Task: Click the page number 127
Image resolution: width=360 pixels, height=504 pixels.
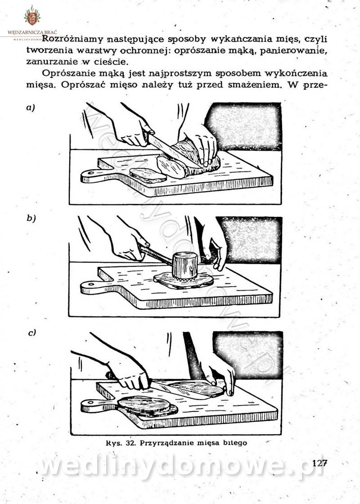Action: pyautogui.click(x=319, y=463)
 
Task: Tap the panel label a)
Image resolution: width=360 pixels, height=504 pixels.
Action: pyautogui.click(x=31, y=108)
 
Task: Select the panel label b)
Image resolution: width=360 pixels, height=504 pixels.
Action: pyautogui.click(x=31, y=219)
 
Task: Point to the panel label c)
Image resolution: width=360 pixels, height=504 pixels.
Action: pyautogui.click(x=32, y=333)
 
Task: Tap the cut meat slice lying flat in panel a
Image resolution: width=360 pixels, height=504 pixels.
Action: pyautogui.click(x=148, y=175)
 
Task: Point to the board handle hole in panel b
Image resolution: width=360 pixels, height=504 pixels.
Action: pyautogui.click(x=90, y=284)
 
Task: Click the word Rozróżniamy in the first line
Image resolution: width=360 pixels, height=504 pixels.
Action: pyautogui.click(x=72, y=39)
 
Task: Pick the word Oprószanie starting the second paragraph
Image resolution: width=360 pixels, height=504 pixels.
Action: pyautogui.click(x=69, y=74)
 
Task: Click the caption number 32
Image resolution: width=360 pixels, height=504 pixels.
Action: pyautogui.click(x=130, y=443)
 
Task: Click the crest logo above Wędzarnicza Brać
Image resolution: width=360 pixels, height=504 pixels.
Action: pyautogui.click(x=32, y=16)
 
